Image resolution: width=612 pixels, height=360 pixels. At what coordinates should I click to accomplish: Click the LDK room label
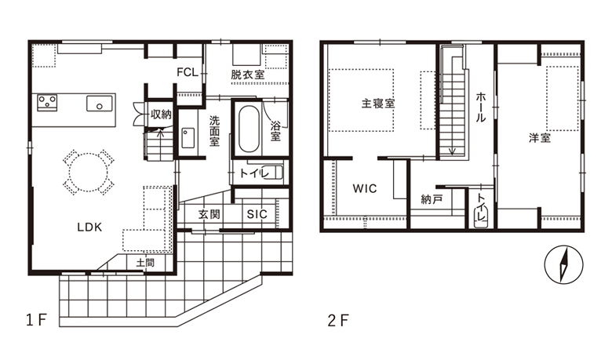click(89, 227)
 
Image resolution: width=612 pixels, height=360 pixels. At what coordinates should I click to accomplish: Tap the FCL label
click(188, 72)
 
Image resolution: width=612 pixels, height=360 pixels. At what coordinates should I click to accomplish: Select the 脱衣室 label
click(248, 74)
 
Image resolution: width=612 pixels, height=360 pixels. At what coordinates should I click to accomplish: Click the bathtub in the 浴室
click(249, 129)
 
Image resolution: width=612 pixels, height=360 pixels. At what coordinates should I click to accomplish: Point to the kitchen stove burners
click(47, 103)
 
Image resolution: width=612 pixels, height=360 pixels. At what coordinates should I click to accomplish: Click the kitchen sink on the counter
click(100, 104)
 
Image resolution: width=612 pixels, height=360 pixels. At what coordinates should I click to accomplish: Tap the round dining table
click(88, 172)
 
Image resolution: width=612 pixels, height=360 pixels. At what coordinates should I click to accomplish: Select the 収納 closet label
click(161, 115)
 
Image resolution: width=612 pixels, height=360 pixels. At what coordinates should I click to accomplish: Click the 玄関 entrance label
click(209, 214)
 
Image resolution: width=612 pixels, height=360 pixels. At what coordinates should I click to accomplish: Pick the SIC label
click(257, 214)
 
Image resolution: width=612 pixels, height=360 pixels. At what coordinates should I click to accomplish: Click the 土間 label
click(145, 263)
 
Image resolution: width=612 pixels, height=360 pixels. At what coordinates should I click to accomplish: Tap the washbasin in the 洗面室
click(188, 138)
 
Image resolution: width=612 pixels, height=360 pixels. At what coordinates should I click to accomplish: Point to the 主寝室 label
click(378, 104)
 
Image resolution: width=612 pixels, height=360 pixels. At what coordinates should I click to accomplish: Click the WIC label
click(365, 189)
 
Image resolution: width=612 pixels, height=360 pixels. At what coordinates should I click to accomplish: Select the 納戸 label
click(432, 200)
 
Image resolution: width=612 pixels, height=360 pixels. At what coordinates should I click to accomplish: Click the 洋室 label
click(540, 138)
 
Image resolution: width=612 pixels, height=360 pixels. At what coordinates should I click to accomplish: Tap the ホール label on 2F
click(480, 107)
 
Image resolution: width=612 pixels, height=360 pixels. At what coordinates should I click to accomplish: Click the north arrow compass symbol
click(563, 264)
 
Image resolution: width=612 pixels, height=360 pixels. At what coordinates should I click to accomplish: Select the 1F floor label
click(36, 320)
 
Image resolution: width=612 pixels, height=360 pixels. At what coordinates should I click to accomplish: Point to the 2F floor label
click(338, 320)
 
